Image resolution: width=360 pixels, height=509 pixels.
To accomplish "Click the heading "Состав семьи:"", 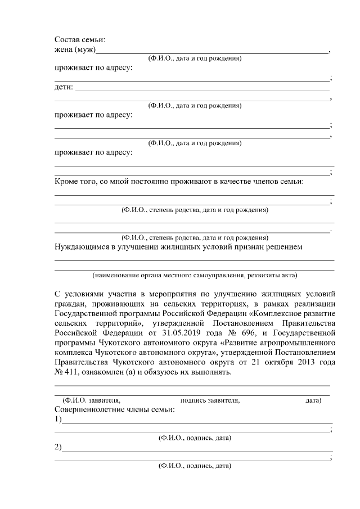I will [80, 40].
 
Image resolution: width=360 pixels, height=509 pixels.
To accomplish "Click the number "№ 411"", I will [66, 373].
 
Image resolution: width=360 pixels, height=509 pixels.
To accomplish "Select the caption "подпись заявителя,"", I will [210, 400].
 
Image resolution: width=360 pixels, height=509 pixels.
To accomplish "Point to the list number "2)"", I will [58, 447].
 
